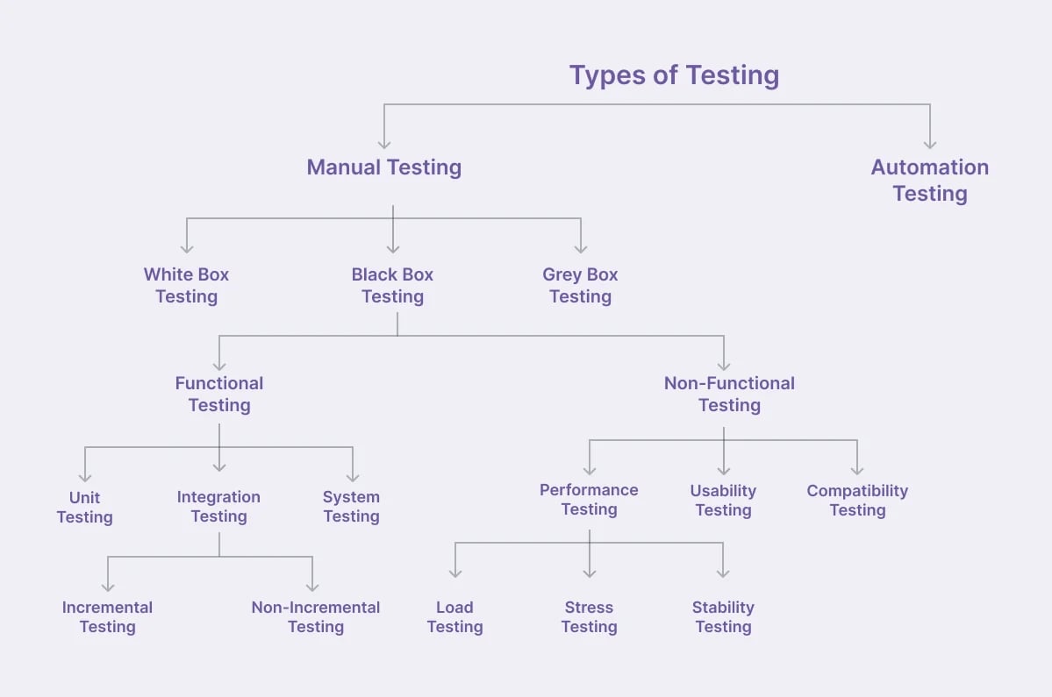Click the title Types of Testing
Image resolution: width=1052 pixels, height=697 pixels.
pos(674,75)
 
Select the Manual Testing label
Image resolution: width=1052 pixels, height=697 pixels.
pos(383,167)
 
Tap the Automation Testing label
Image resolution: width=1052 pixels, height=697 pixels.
pos(929,181)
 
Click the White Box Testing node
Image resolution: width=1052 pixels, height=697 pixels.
pos(186,286)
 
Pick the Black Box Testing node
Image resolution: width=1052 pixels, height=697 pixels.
pos(392,286)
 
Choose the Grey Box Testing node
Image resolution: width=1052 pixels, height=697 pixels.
pos(580,286)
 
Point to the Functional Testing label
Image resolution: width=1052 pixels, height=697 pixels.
pos(219,394)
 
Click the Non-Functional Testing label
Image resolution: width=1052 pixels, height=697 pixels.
pos(729,394)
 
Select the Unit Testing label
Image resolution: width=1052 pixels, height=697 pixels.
pos(84,507)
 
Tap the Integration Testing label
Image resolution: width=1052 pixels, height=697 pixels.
pos(218,507)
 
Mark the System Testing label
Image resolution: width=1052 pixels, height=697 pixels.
pos(351,507)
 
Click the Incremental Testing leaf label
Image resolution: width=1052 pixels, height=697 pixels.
pos(107,617)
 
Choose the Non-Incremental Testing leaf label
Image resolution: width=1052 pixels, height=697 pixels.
pos(316,617)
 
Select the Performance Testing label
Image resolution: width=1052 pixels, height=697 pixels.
pos(589,500)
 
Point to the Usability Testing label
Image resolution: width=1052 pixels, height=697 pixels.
pos(723,501)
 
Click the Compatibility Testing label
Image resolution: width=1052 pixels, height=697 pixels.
pos(857,501)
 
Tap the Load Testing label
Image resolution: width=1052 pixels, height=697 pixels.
pos(454,617)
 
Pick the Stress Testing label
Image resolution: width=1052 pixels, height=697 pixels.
pos(589,617)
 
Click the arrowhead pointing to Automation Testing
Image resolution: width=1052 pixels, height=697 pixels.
pos(930,143)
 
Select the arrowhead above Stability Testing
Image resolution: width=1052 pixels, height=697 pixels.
pos(723,573)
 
